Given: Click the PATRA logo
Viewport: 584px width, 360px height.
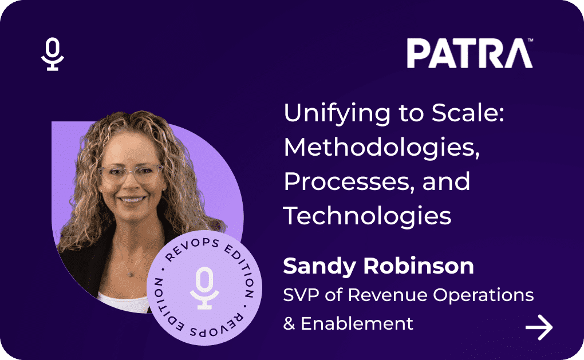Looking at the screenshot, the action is pos(469,53).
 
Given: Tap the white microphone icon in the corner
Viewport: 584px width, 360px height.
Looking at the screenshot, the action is pos(53,54).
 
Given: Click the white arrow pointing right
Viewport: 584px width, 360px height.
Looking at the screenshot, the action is pos(539,327).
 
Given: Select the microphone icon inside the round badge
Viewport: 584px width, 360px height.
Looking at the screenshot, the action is pos(204,288).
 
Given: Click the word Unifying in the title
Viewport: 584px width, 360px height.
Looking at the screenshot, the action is pos(337,113).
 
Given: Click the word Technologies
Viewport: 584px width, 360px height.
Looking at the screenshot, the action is pos(367,216).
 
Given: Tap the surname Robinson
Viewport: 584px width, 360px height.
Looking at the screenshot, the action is pos(419,266).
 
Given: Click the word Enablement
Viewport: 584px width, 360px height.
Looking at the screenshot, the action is pos(357,323).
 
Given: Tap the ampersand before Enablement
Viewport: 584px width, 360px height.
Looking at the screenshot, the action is pos(289,323).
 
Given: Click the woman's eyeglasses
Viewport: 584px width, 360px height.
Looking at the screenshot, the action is pos(131,173).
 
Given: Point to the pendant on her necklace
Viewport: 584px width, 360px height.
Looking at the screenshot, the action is pos(130,275).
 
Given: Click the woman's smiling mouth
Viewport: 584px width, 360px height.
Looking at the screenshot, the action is pos(132,200).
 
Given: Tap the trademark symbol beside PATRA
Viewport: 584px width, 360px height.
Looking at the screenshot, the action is pos(530,40).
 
